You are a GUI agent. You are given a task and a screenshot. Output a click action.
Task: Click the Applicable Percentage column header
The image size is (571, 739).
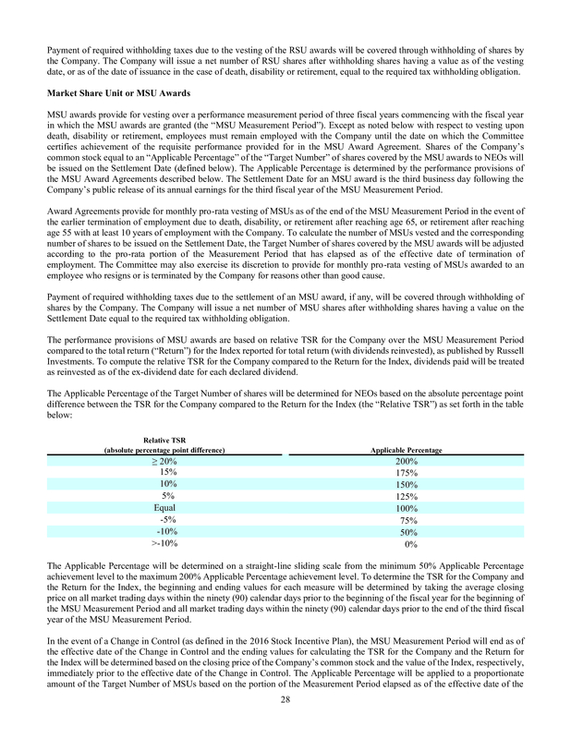(x=406, y=450)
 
